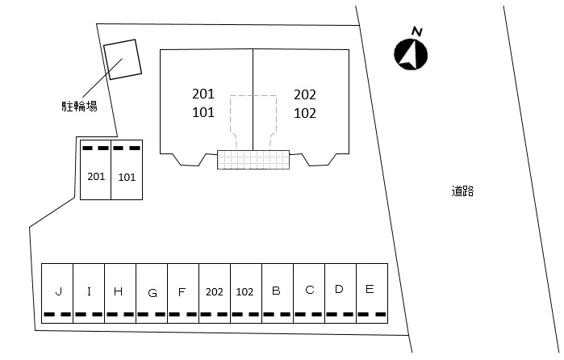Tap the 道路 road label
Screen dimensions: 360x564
pos(462,191)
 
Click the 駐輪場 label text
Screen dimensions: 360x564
pos(80,105)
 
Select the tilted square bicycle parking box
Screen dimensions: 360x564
pos(123,60)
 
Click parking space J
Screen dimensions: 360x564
pos(58,291)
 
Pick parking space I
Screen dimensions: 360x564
pos(89,291)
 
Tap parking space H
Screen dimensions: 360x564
pos(119,291)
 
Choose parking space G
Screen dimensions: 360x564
pos(152,292)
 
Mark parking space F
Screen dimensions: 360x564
pos(182,291)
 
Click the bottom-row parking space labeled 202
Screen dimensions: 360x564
pos(214,291)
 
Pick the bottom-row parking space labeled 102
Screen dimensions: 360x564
pos(245,291)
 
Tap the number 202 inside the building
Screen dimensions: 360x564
pos(305,94)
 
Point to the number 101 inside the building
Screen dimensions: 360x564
pos(203,113)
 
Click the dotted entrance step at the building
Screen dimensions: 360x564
pos(253,159)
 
